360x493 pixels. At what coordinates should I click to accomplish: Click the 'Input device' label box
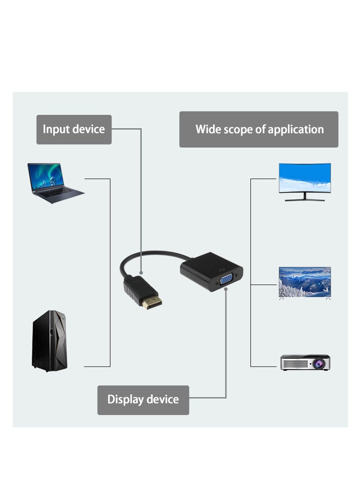click(74, 130)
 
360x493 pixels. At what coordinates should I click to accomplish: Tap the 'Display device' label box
click(143, 399)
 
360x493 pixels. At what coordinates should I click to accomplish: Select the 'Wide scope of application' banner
click(259, 130)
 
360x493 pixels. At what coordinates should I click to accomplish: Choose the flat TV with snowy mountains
click(305, 282)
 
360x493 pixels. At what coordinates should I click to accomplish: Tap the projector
click(305, 362)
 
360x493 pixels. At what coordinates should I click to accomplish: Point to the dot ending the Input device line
click(141, 273)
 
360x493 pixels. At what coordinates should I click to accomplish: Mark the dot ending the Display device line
click(226, 290)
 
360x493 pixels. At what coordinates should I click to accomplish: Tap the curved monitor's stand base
click(305, 199)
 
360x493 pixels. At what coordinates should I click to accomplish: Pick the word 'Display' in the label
click(126, 399)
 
